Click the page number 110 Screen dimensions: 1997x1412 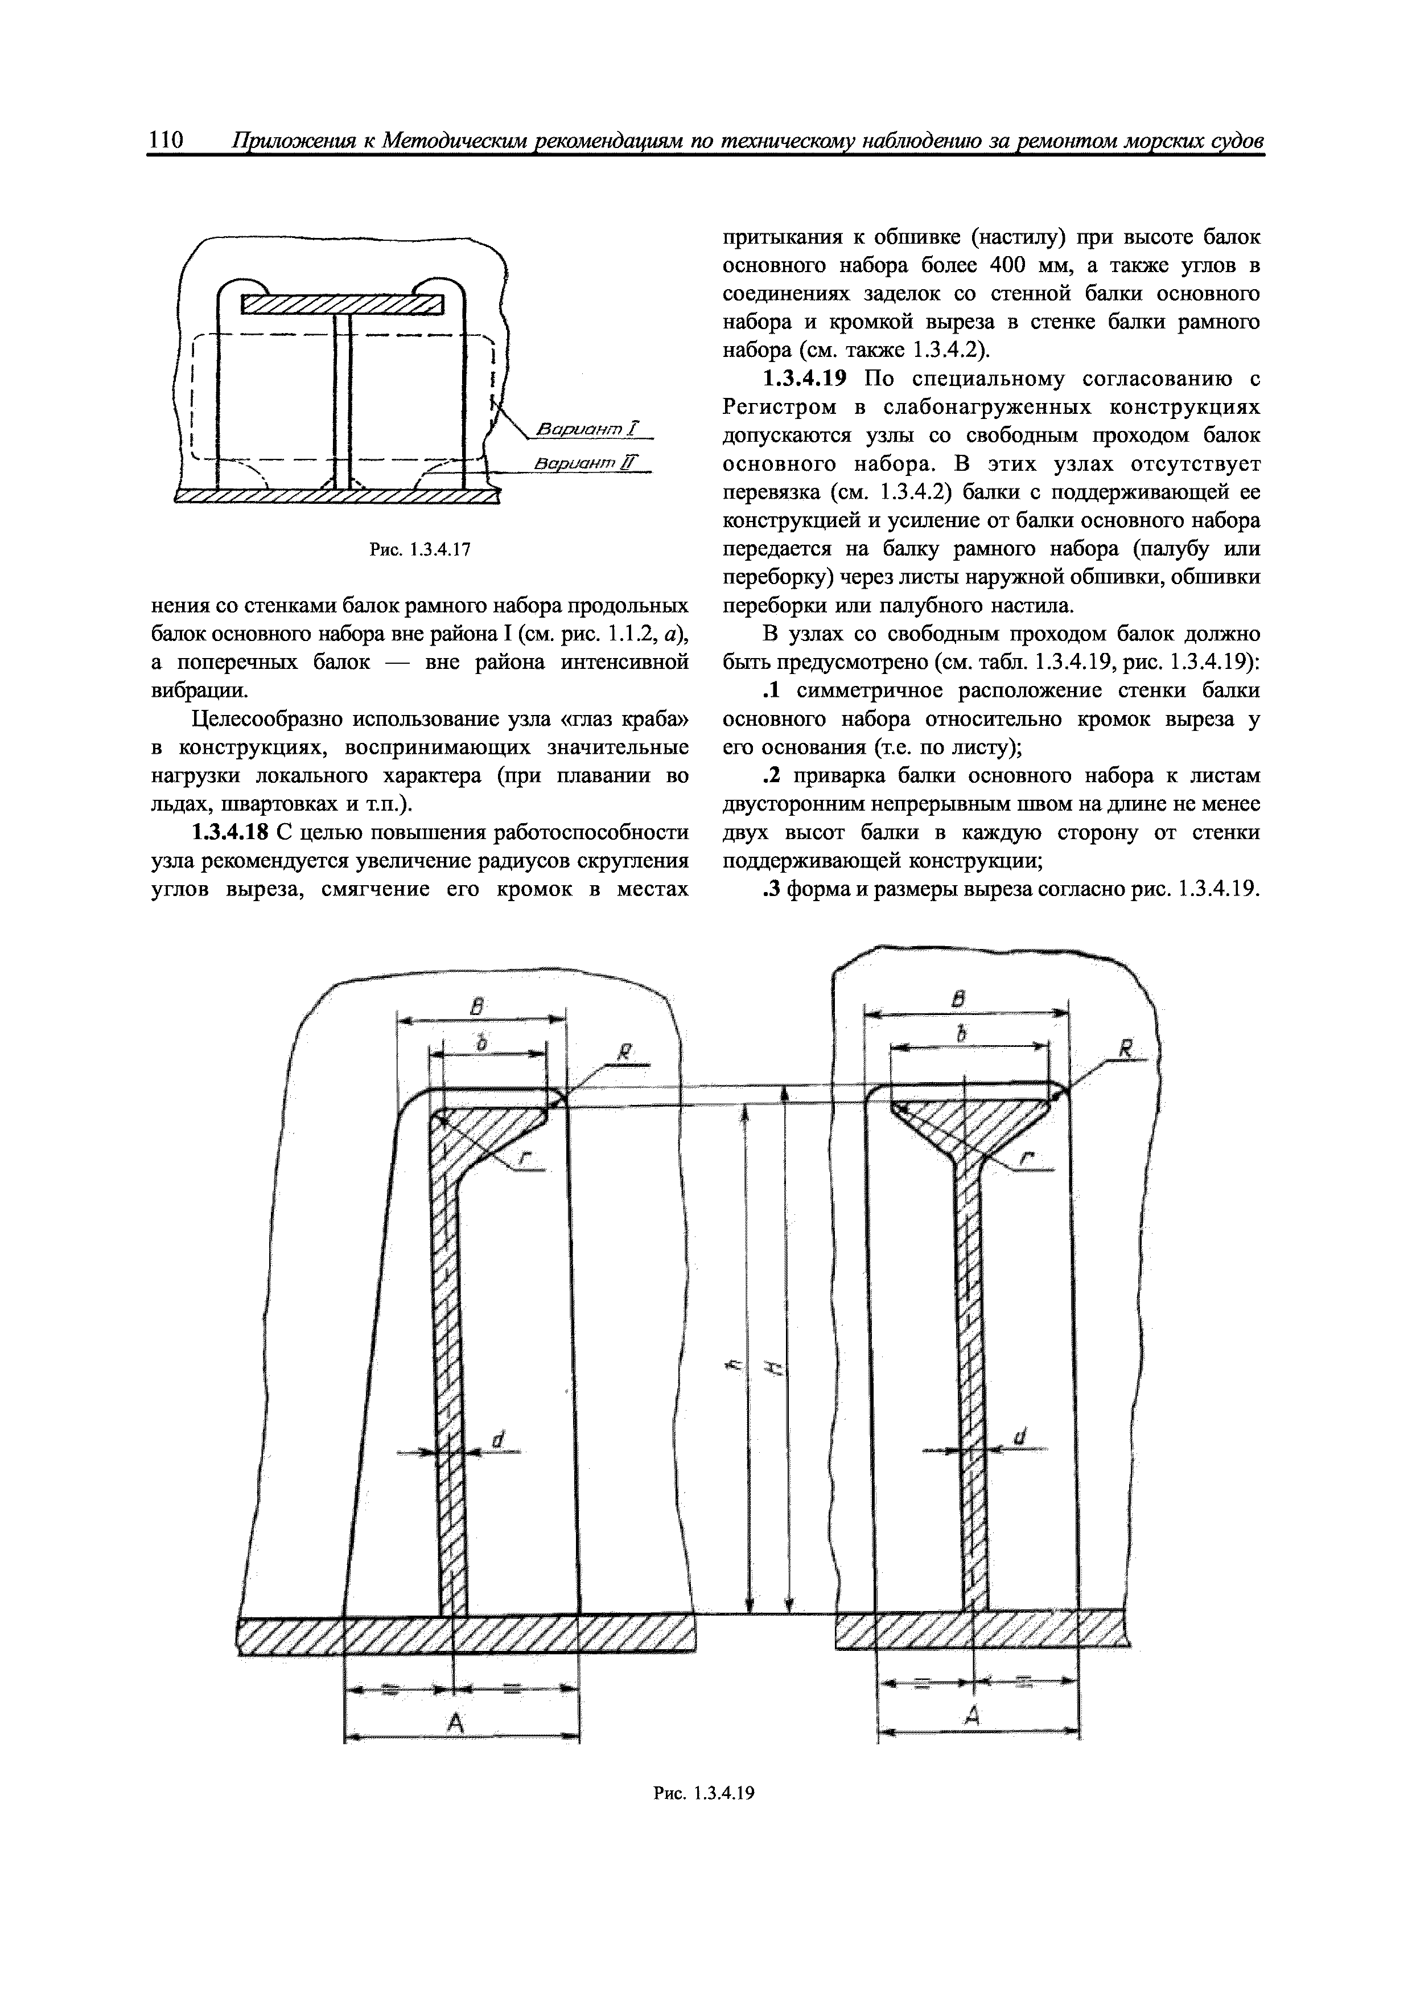click(165, 141)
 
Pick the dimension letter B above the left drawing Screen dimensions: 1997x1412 click(476, 1007)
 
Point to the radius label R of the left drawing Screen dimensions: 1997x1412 click(623, 1055)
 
